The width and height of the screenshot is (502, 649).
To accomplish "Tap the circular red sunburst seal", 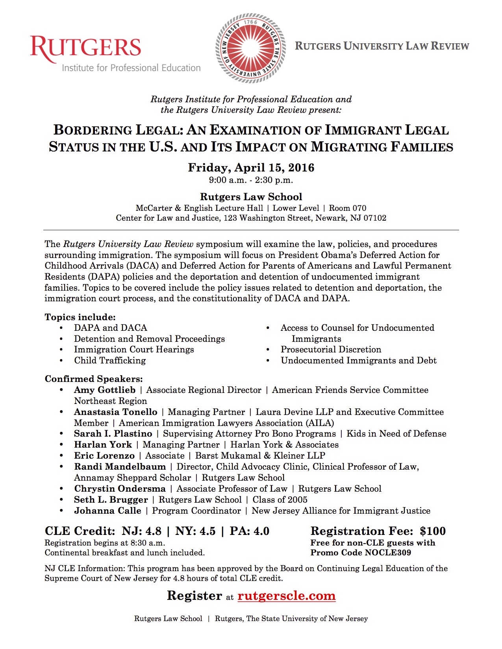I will (250, 48).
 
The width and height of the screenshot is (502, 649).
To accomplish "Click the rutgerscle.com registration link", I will (286, 596).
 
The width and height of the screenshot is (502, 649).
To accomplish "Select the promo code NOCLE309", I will (388, 553).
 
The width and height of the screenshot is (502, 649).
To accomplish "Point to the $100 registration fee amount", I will (432, 531).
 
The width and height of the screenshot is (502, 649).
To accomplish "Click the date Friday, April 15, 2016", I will (251, 168).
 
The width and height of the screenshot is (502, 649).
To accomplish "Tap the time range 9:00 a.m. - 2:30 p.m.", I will (251, 180).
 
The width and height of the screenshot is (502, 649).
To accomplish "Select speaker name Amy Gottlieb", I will (105, 390).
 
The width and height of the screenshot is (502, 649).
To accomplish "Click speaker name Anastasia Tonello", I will (115, 412).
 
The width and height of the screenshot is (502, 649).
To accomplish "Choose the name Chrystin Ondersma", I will (120, 489).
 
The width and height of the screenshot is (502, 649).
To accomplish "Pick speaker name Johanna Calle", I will (107, 511).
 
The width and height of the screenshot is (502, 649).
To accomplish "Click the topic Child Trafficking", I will (110, 360).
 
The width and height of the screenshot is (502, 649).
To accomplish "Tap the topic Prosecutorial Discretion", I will (331, 349).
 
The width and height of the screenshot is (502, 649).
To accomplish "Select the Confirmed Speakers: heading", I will (94, 379).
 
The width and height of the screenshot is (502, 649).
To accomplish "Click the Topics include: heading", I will (80, 317).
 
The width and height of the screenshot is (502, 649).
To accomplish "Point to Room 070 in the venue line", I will (347, 208).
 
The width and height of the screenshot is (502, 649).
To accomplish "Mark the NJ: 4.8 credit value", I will (142, 531).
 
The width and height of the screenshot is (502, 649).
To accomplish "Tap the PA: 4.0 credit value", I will (249, 531).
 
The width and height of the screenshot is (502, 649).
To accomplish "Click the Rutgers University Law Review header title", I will (382, 46).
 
